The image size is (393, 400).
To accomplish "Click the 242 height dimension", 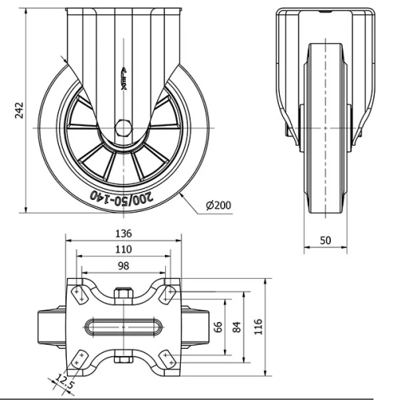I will (x=9, y=113).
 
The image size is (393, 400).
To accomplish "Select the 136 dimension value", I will (x=123, y=233).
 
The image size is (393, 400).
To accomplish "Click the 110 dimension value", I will (x=123, y=250).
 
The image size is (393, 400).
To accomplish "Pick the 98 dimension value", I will (x=123, y=266).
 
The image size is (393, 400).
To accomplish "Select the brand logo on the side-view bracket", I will (x=123, y=79).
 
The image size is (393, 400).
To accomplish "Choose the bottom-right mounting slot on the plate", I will (x=167, y=358).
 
